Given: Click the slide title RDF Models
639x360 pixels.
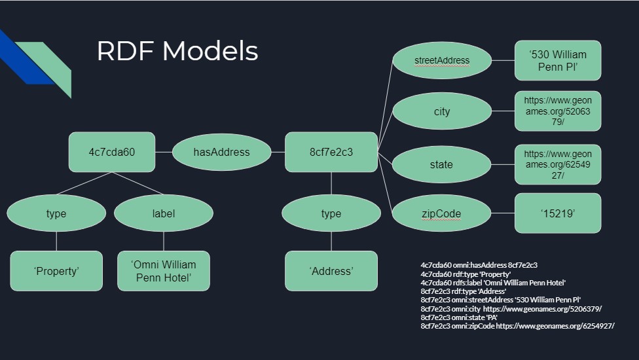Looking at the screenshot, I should point(177,51).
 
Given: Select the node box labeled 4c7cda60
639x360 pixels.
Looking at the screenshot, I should point(112,152).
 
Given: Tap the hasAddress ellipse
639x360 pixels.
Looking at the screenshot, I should point(221,152).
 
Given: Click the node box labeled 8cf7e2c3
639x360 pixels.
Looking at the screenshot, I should point(331,152).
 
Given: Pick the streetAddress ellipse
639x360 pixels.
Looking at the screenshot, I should point(442,60).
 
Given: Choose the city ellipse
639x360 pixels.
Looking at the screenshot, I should point(442,111).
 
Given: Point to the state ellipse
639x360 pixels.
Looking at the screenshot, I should point(442,164).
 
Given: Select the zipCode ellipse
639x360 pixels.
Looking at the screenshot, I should point(442,213).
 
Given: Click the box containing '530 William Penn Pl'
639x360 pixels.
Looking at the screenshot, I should point(558,60).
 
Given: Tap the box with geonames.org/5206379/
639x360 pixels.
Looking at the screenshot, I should point(558,111).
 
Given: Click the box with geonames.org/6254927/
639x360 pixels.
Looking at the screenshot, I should point(558,164).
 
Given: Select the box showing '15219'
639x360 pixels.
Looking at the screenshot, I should point(558,213).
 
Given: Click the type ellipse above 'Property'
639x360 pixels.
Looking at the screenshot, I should point(56,213).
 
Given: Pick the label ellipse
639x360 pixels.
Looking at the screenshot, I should point(164,213).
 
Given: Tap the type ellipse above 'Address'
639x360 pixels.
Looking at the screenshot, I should point(331,213).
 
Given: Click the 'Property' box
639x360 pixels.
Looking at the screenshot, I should point(56,271).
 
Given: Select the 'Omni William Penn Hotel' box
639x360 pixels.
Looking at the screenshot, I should point(164,271).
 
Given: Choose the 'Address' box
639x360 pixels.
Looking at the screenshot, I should point(331,271).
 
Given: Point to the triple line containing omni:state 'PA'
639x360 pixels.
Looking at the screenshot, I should point(459,317).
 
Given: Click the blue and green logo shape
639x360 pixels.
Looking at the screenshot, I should point(36,62).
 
